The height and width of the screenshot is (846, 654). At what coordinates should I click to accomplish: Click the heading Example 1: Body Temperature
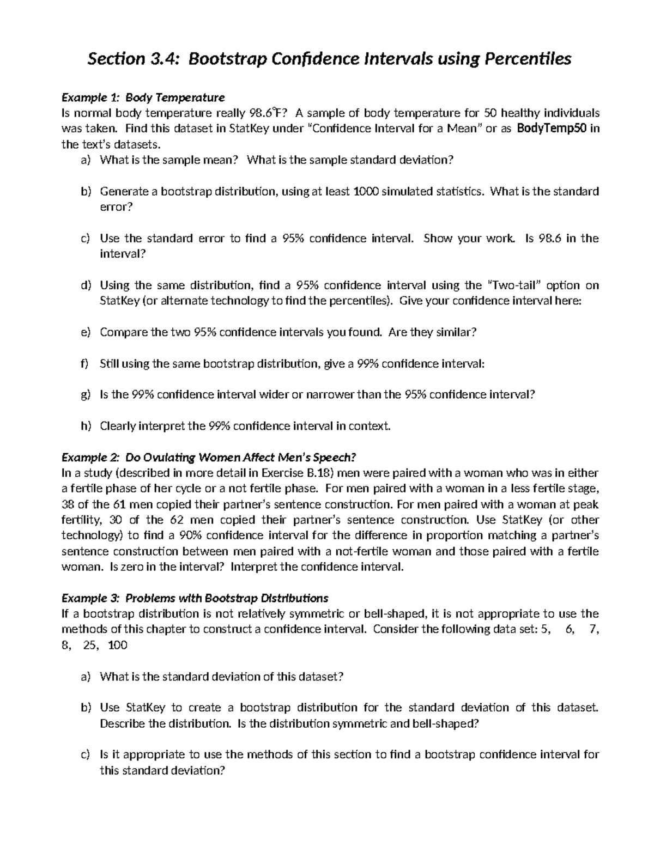click(x=143, y=98)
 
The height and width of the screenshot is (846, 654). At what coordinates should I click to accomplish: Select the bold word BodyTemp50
click(x=552, y=129)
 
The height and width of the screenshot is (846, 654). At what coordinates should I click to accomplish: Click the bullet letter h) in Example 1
click(x=85, y=426)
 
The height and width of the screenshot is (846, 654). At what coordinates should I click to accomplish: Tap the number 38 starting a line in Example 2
click(x=68, y=504)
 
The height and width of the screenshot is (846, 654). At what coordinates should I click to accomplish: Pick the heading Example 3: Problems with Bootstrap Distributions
click(x=195, y=598)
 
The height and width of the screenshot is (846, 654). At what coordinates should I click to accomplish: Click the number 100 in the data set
click(x=118, y=646)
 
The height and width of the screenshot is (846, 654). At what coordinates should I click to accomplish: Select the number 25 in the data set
click(x=89, y=646)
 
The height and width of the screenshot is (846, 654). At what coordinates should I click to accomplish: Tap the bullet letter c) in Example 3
click(x=85, y=755)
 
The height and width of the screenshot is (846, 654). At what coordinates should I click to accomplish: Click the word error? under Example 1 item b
click(x=116, y=207)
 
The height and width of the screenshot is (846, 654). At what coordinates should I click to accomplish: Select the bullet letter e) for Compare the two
click(x=85, y=332)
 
